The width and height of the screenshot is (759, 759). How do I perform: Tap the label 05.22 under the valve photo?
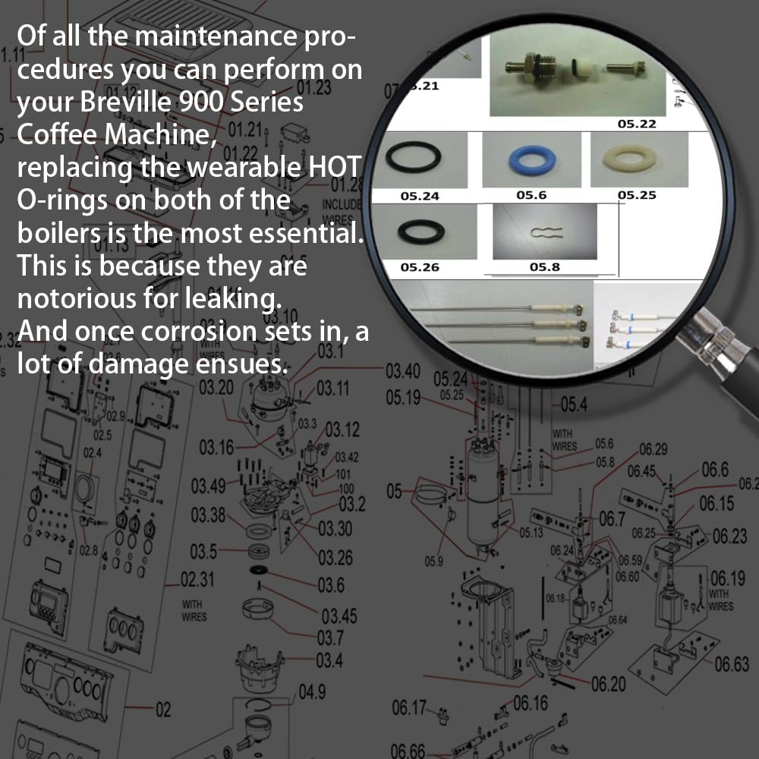pos(636,124)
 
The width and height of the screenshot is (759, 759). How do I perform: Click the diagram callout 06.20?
pos(608,684)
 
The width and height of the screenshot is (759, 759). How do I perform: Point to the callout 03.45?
pos(339,615)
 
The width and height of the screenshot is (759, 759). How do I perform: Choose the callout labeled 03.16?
pos(216,448)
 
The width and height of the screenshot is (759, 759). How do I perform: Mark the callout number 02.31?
pos(197,581)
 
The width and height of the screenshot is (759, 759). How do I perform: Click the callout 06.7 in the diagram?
pos(611,519)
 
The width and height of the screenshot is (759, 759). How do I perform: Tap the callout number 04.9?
pos(312,691)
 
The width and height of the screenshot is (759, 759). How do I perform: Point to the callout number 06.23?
pos(729,537)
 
